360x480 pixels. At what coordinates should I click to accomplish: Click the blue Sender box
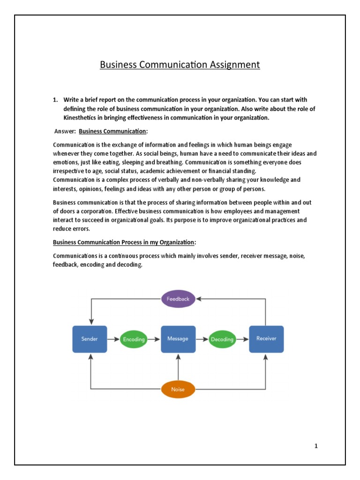[90, 339]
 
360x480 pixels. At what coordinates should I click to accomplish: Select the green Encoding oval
[134, 339]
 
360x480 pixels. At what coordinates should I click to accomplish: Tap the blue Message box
[178, 339]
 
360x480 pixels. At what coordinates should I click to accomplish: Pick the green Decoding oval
[222, 339]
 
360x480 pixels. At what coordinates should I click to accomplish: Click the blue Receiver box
[266, 339]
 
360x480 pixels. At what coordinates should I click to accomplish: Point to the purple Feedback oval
[178, 299]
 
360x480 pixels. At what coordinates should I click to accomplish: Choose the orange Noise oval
[178, 389]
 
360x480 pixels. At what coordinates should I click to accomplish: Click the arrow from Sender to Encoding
[113, 339]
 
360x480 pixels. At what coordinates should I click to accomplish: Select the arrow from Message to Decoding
[202, 339]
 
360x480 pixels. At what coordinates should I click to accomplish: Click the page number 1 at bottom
[316, 446]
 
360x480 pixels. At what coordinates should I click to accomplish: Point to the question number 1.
[55, 100]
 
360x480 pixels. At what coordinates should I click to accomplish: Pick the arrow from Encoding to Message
[154, 339]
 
